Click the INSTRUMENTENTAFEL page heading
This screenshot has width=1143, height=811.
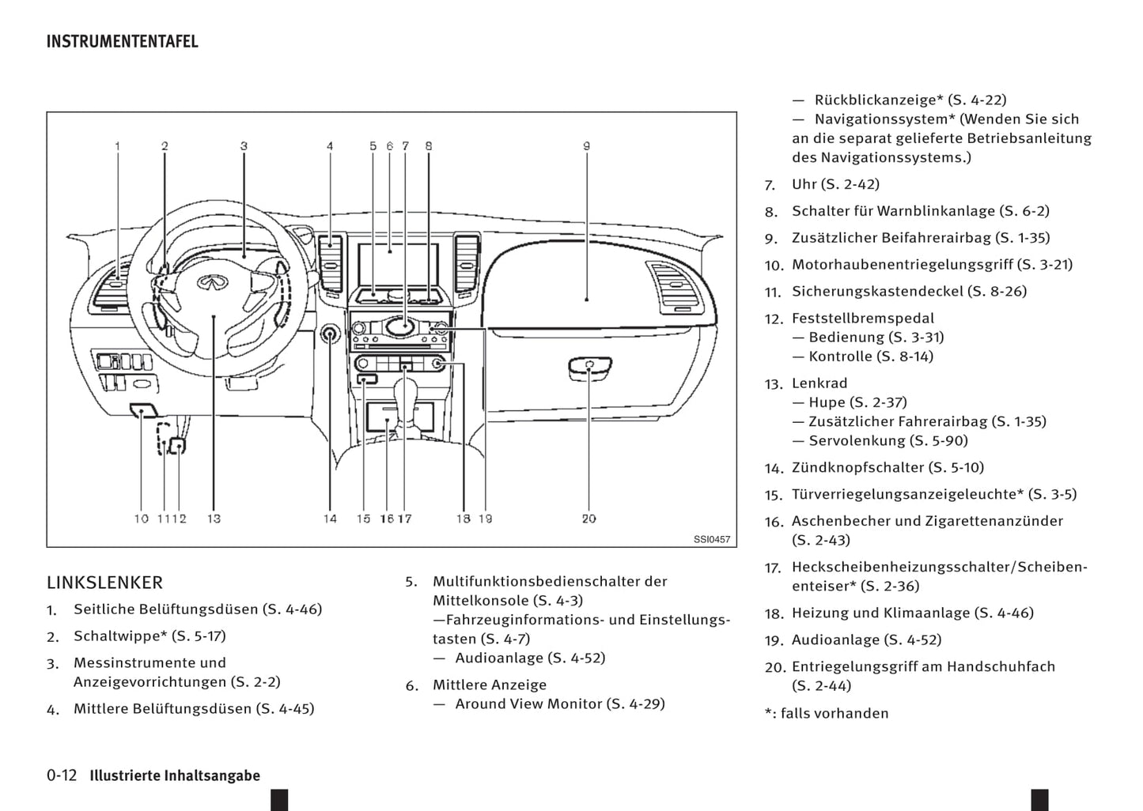122,41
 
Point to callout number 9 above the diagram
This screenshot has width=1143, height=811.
586,146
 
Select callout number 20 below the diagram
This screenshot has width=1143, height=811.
589,519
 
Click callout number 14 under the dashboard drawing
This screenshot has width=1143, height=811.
330,519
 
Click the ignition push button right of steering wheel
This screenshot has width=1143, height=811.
330,334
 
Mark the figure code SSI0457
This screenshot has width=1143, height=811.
712,540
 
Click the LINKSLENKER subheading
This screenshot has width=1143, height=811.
104,583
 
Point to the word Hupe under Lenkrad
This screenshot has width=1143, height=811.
827,402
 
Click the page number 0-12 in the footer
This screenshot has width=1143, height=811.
62,775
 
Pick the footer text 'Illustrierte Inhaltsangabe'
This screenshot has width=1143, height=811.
175,776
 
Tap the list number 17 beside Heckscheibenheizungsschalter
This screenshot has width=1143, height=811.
773,568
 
